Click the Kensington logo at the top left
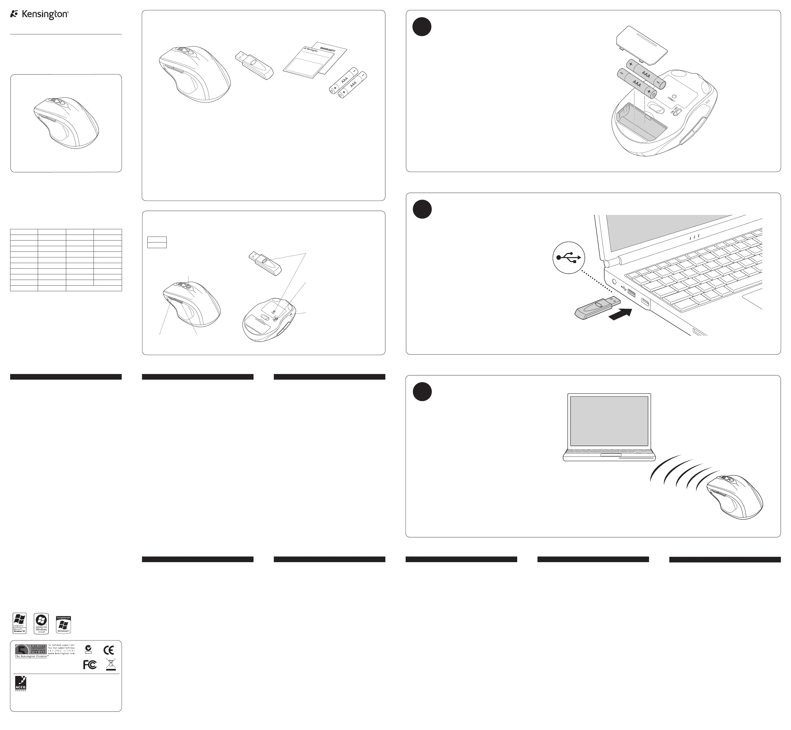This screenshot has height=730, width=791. pyautogui.click(x=39, y=15)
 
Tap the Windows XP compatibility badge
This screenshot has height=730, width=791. pyautogui.click(x=19, y=623)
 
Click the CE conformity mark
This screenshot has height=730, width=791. pyautogui.click(x=108, y=650)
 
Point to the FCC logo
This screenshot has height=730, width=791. pyautogui.click(x=90, y=665)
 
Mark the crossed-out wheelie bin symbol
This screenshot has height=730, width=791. pyautogui.click(x=111, y=665)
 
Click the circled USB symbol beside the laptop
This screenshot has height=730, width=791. pyautogui.click(x=568, y=257)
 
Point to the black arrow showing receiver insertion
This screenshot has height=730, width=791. pyautogui.click(x=621, y=314)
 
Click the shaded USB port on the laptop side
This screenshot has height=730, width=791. pyautogui.click(x=631, y=293)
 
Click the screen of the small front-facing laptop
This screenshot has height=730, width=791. pyautogui.click(x=609, y=421)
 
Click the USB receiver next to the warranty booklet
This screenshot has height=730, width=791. pyautogui.click(x=254, y=65)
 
